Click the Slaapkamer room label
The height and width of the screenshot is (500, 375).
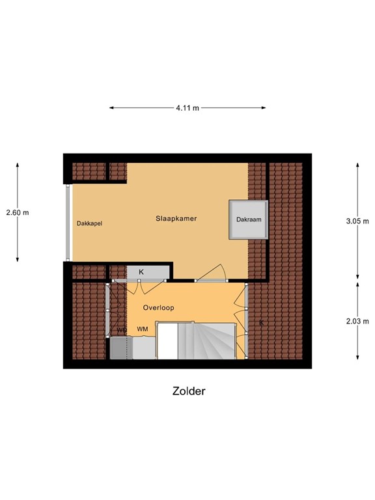coord(176,219)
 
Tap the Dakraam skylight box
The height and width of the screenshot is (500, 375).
coord(249,220)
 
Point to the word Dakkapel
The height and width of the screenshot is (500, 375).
coord(89,223)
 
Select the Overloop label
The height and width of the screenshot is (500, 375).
coord(158,307)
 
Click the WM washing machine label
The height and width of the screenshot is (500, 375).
coord(142,329)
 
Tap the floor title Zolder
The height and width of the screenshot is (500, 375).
coord(189,391)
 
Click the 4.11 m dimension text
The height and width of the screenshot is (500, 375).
coord(187,108)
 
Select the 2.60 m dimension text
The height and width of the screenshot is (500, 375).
coord(17,212)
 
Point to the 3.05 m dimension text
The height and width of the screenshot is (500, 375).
coord(357,221)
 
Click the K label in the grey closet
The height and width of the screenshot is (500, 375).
coord(141,271)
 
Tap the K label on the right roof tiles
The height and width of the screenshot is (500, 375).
coord(262,323)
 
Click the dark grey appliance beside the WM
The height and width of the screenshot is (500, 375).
coord(120,348)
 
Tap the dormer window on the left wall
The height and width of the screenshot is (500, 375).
coord(67,223)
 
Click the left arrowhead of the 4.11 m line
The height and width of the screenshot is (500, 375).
coord(111,108)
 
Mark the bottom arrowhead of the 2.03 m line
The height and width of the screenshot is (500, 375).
coord(357,357)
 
